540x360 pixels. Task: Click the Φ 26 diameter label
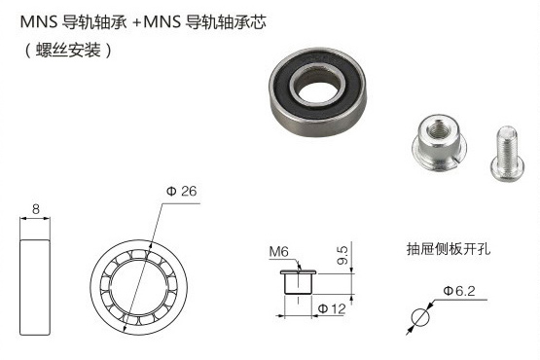click(x=181, y=192)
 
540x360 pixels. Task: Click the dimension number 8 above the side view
click(x=36, y=207)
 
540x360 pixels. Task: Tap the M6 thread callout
click(x=278, y=252)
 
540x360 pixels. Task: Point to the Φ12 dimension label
click(x=333, y=308)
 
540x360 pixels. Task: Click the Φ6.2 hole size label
click(x=459, y=290)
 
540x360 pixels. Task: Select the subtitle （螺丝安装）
click(x=65, y=48)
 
